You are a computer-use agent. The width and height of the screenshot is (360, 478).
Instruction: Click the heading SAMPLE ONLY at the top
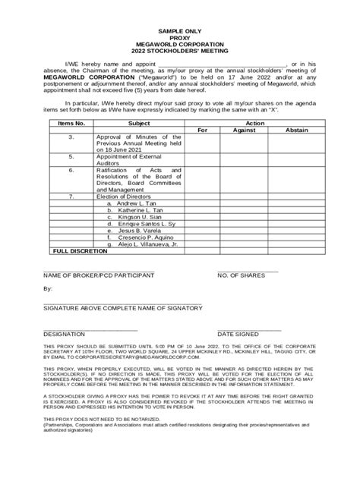coord(179,46)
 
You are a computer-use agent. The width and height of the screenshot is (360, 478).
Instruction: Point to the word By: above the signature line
coord(48,289)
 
